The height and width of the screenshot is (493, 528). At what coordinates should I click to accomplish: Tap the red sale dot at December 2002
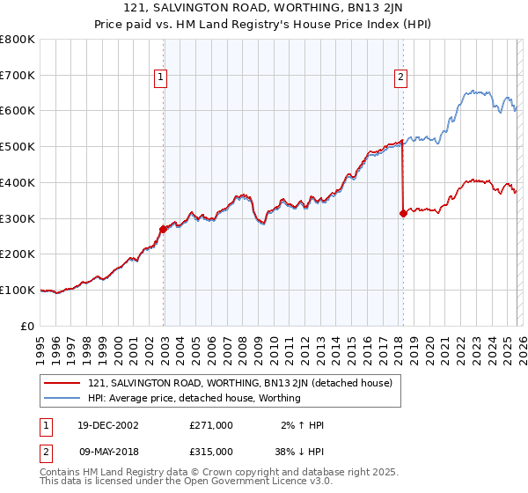pos(163,229)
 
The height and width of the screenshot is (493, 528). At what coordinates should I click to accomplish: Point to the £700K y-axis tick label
pos(18,76)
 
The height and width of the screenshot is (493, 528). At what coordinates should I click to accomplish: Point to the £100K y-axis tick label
pos(18,290)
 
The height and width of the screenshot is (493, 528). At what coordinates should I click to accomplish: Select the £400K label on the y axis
pos(18,182)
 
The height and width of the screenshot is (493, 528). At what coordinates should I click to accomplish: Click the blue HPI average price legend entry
pos(194,398)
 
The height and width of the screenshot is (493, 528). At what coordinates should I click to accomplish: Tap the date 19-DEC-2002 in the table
pos(107,425)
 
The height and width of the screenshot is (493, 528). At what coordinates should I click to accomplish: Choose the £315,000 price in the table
pos(211,451)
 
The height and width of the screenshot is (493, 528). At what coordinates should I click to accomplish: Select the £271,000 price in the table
pos(211,425)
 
